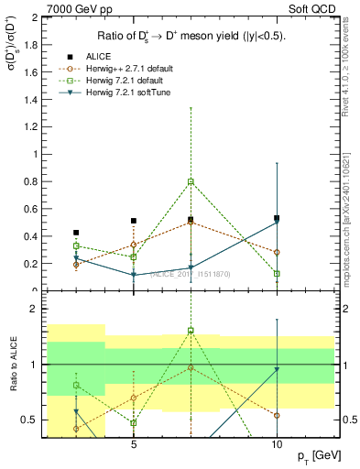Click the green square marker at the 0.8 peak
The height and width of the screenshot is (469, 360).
point(191,181)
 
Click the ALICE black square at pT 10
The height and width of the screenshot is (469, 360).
point(277,218)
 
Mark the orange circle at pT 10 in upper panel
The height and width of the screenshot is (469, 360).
point(277,252)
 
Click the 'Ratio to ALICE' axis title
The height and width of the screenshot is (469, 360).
point(13,365)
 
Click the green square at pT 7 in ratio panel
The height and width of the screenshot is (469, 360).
point(191,331)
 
